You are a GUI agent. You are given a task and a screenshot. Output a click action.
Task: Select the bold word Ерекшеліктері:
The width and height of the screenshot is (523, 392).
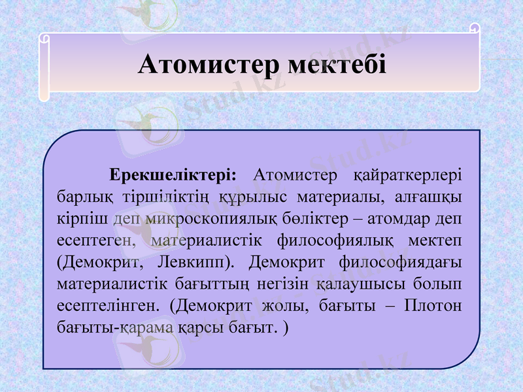coord(173,175)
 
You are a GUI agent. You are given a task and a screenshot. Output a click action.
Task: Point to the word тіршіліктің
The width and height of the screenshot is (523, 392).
coord(152,197)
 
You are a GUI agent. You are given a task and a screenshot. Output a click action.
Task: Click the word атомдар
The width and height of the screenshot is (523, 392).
coord(403,218)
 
